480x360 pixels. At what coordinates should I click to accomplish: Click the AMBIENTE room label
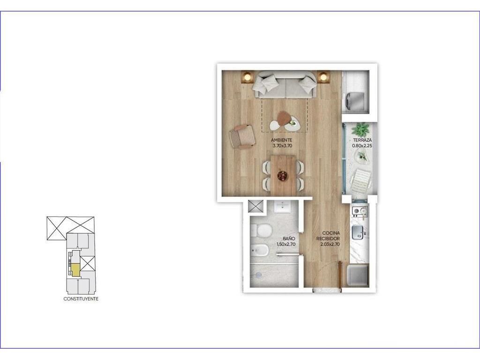tap(281, 140)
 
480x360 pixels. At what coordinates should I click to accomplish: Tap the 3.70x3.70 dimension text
tap(282, 146)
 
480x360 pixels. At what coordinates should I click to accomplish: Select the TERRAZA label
tap(362, 140)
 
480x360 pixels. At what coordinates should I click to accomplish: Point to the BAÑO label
tap(289, 239)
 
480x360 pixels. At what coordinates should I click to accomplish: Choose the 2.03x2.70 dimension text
tap(330, 244)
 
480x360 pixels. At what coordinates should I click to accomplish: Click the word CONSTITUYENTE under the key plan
tap(81, 299)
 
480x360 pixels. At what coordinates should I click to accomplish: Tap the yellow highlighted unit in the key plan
tap(75, 270)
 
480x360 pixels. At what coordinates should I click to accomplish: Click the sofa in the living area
tap(285, 84)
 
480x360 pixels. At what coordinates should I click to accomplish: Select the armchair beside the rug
tap(242, 136)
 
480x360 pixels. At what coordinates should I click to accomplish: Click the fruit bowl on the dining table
tap(282, 176)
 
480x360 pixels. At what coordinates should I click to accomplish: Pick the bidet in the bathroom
tap(260, 251)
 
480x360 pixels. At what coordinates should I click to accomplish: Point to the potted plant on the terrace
tap(361, 129)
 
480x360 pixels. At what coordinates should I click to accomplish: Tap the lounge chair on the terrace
tap(361, 181)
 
